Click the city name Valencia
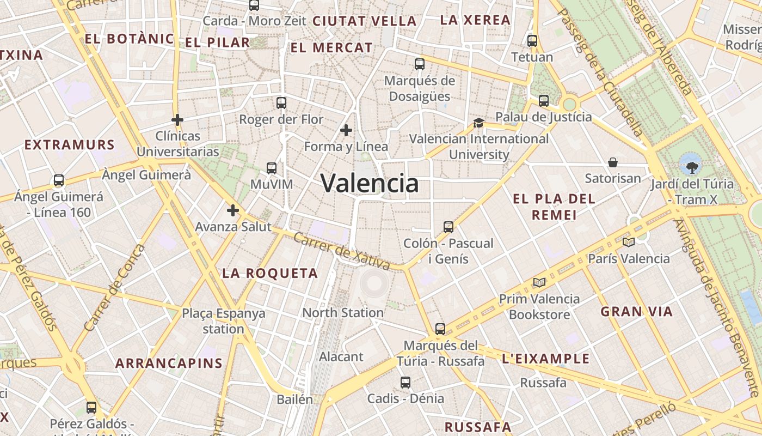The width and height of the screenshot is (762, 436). [x=370, y=183]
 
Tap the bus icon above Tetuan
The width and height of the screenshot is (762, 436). [x=532, y=40]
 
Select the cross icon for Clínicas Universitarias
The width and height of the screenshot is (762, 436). [x=177, y=120]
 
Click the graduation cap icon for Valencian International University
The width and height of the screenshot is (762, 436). [x=478, y=123]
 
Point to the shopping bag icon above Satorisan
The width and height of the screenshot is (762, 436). [x=613, y=162]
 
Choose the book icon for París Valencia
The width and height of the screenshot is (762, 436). [x=629, y=242]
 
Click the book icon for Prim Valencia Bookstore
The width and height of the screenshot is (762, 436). [x=539, y=282]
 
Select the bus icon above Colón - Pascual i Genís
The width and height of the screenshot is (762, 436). [x=448, y=227]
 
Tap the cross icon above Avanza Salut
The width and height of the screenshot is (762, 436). [x=233, y=210]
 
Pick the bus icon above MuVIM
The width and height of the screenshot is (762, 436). [x=272, y=168]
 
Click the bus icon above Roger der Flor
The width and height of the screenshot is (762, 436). [x=281, y=102]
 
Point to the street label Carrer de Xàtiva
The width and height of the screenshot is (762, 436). [x=342, y=252]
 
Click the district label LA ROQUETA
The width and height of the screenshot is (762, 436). [x=270, y=274]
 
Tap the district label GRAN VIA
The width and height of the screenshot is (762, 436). [x=637, y=312]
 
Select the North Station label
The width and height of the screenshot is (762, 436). [x=343, y=313]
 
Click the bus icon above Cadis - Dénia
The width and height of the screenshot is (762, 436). [x=405, y=382]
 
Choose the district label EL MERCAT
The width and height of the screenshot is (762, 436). [x=331, y=48]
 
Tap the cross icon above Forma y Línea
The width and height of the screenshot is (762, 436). [x=346, y=130]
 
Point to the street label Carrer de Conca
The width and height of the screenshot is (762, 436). [x=115, y=288]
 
